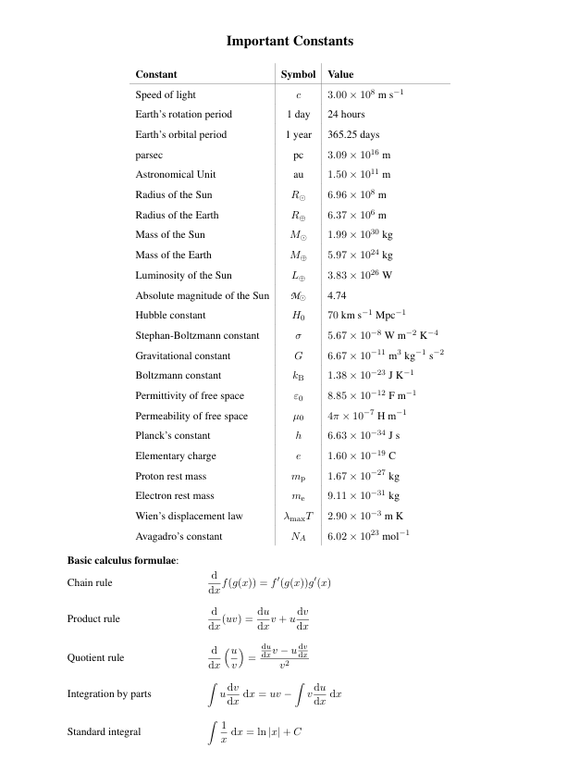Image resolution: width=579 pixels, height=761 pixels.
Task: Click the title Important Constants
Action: point(289,42)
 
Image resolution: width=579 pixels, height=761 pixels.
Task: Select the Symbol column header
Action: point(298,74)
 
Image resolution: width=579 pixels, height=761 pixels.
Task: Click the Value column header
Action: point(340,74)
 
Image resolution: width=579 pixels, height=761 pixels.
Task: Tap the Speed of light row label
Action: point(166,94)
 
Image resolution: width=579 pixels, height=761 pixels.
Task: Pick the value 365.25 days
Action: point(353,134)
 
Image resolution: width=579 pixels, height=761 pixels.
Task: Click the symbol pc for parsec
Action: point(298,155)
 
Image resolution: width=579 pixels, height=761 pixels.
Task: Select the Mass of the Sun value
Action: point(360,235)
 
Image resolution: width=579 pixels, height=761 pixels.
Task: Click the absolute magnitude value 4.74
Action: point(337,295)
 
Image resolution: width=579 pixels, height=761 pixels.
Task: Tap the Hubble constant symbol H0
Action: point(298,316)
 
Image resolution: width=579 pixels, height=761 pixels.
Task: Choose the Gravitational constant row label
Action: point(183,356)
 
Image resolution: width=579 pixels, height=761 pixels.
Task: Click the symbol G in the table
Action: point(298,356)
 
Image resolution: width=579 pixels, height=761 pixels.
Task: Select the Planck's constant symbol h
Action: point(298,436)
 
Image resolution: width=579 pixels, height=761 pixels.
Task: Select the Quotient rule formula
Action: point(258,657)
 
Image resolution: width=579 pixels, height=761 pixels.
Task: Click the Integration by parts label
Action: point(109,693)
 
